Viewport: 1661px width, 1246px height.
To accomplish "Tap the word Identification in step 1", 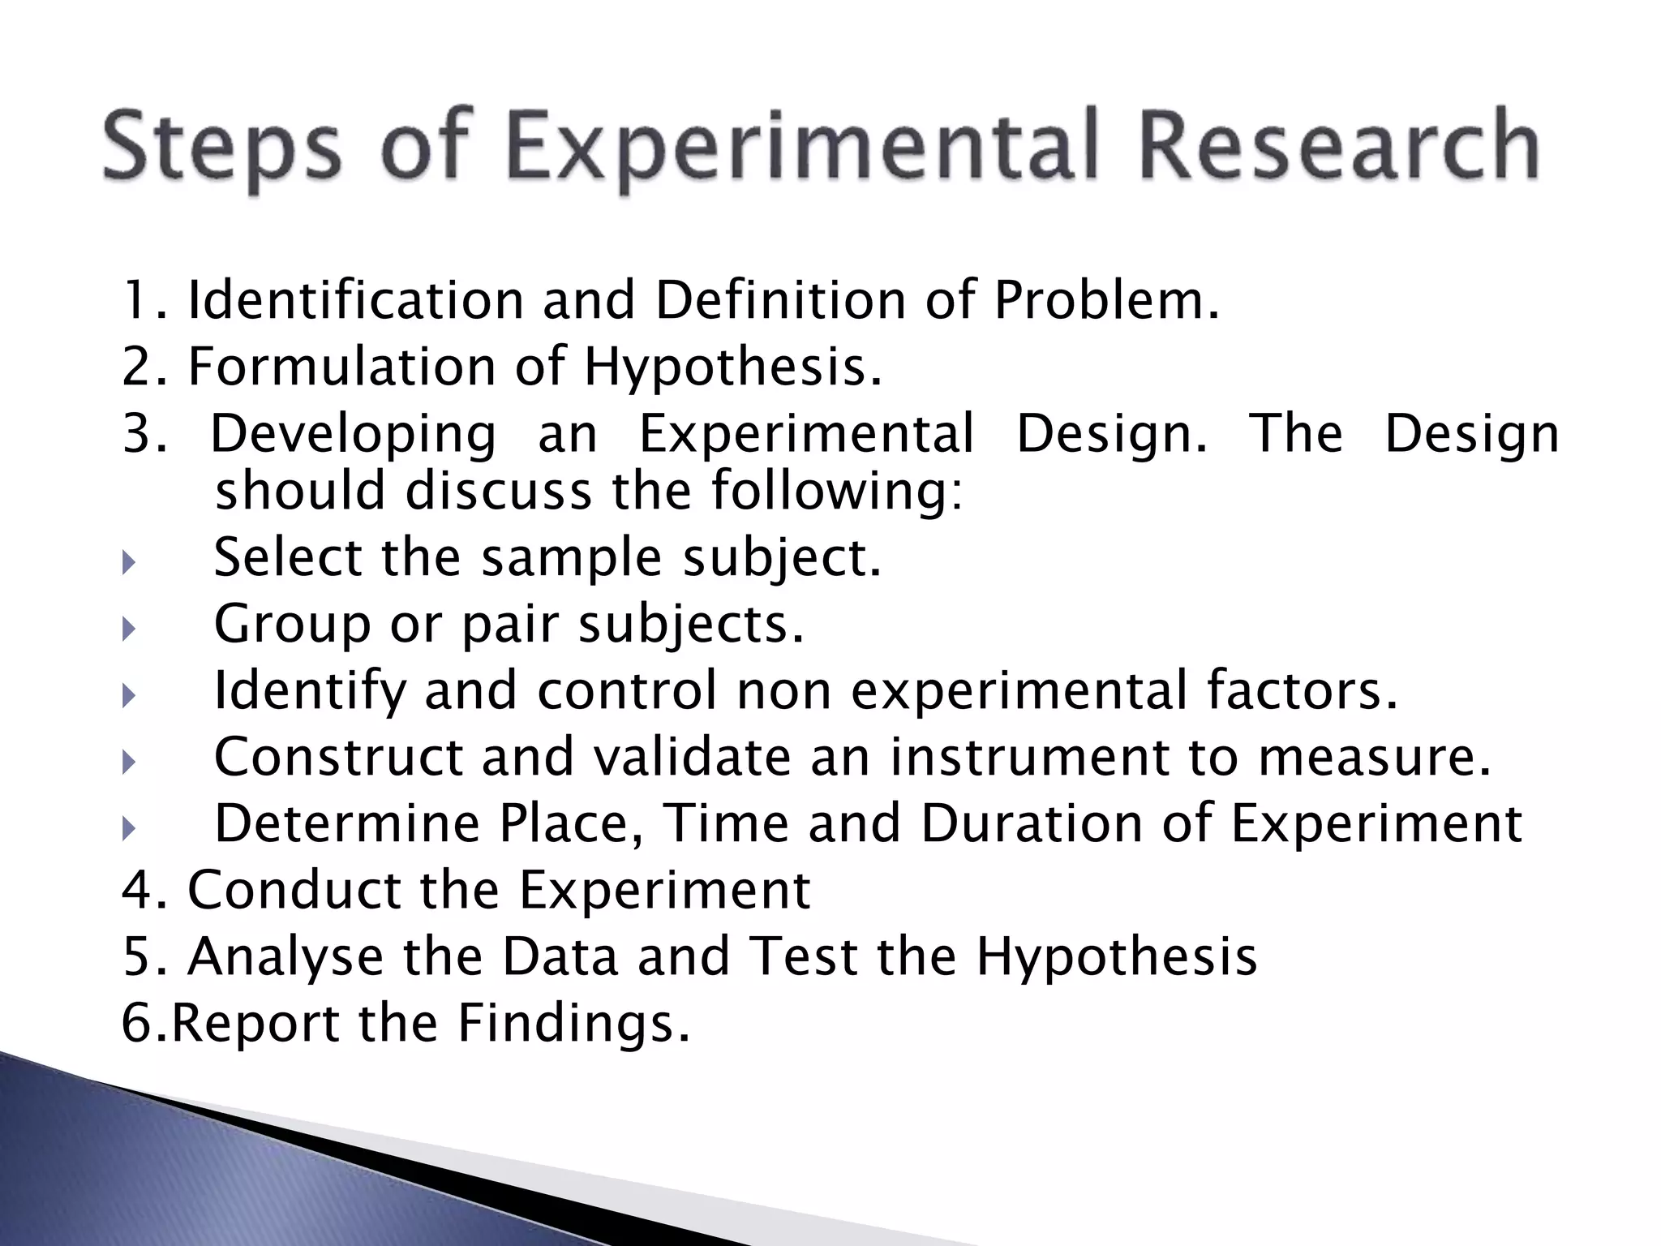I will [355, 300].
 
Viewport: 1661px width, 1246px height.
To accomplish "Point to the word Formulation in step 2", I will [341, 367].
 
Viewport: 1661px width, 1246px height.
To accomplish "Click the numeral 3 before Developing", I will [136, 433].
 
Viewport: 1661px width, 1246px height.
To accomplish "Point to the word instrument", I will [1029, 758].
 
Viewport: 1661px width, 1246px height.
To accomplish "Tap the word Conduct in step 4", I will [294, 891].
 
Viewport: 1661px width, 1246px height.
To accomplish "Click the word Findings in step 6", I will [573, 1024].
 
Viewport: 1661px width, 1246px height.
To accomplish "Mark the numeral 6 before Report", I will [136, 1024].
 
